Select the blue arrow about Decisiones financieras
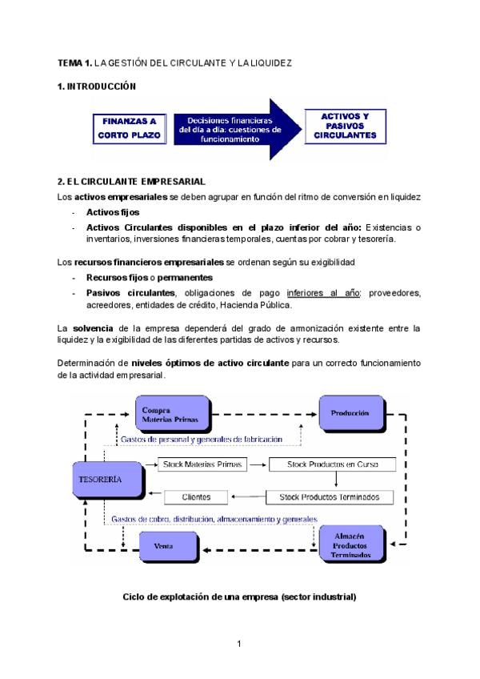click(x=232, y=129)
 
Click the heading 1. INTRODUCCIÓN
click(x=97, y=86)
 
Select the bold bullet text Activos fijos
click(x=112, y=212)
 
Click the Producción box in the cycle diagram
click(x=350, y=413)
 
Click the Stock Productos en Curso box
click(x=333, y=464)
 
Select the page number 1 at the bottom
click(x=239, y=644)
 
